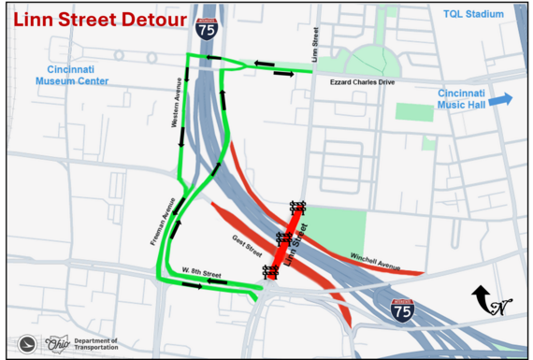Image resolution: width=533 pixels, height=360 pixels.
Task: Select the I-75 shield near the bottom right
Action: [403, 310]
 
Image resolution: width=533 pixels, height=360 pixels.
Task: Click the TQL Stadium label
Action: [473, 14]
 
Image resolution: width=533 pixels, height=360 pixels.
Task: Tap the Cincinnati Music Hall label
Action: [463, 99]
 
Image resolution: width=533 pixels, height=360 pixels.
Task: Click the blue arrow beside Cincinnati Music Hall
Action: [500, 99]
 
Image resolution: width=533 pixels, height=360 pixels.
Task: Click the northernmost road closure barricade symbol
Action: [297, 208]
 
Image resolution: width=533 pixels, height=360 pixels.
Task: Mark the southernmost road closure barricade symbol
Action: [270, 272]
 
